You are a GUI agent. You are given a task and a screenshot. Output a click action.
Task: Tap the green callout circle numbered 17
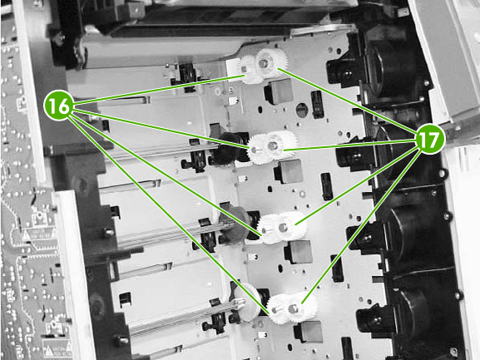pyautogui.click(x=430, y=139)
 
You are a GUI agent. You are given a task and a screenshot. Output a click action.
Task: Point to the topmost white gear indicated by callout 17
pyautogui.click(x=271, y=62)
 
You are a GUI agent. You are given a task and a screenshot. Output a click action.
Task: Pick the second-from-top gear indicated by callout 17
pyautogui.click(x=282, y=145)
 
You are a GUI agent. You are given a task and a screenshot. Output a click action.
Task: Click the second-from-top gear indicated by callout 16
pyautogui.click(x=256, y=150)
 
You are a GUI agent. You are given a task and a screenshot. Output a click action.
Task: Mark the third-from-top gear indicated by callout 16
pyautogui.click(x=267, y=229)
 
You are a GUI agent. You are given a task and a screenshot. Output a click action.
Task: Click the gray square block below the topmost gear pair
pyautogui.click(x=279, y=91)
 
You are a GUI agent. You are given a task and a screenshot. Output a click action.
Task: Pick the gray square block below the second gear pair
pyautogui.click(x=289, y=171)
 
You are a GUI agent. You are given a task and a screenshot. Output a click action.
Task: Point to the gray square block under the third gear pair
pyautogui.click(x=299, y=252)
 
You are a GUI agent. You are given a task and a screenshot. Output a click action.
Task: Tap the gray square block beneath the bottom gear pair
pyautogui.click(x=309, y=332)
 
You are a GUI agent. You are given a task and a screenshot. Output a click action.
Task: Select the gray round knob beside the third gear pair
pyautogui.click(x=235, y=224)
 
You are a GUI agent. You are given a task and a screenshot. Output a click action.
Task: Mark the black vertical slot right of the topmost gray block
pyautogui.click(x=318, y=104)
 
